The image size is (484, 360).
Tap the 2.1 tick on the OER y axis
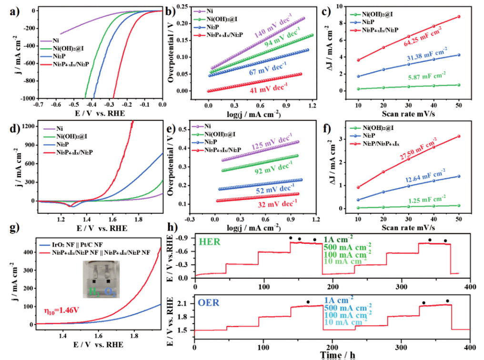(184, 304)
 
